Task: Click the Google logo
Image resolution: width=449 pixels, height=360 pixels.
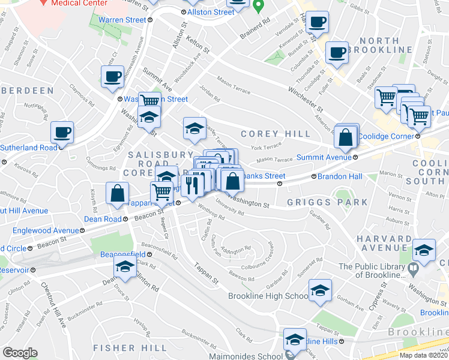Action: click(x=20, y=353)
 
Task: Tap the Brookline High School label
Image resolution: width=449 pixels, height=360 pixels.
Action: click(x=268, y=296)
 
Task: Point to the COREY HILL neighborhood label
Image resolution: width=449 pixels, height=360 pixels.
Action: click(x=276, y=134)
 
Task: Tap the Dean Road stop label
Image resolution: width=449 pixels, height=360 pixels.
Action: click(x=103, y=219)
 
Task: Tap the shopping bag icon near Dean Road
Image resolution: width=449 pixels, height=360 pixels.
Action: click(x=118, y=193)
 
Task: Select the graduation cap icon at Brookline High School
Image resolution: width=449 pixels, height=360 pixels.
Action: click(x=321, y=290)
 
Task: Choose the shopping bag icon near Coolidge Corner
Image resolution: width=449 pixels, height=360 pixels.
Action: click(x=346, y=137)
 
